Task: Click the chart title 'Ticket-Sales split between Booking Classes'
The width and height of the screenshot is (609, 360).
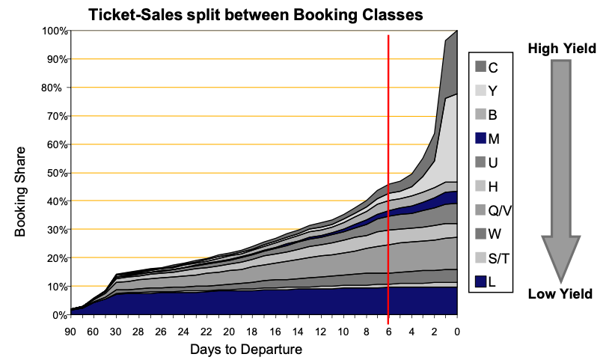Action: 266,13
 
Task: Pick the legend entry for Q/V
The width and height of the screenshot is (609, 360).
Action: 487,210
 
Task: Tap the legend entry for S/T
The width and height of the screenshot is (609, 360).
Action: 487,258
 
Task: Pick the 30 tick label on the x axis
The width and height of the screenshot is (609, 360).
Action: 115,331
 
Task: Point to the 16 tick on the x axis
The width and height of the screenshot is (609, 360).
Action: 275,331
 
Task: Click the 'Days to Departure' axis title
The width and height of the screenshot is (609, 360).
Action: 246,349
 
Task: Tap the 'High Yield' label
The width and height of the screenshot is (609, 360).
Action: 561,49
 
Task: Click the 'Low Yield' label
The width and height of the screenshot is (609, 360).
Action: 561,293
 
